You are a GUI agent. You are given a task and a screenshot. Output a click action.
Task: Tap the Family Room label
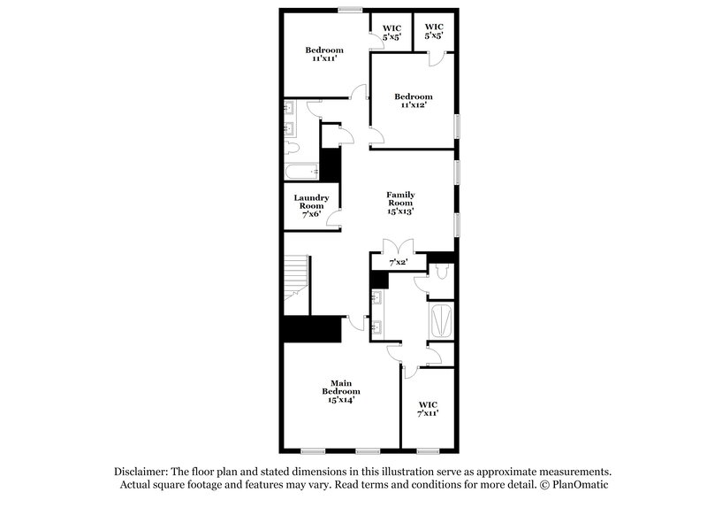400,203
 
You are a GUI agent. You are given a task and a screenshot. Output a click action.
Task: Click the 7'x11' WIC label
428,408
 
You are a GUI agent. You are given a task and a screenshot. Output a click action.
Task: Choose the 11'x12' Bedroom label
413,100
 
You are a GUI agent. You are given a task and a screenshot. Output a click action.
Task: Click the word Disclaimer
142,473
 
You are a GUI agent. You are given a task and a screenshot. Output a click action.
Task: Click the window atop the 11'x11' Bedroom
349,11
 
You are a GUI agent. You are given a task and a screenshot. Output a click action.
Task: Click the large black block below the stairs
311,328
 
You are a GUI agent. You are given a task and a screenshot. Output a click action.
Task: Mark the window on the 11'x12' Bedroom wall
457,125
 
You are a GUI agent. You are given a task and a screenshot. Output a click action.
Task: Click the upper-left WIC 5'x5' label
392,33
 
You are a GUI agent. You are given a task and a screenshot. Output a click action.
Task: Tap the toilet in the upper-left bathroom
296,146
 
